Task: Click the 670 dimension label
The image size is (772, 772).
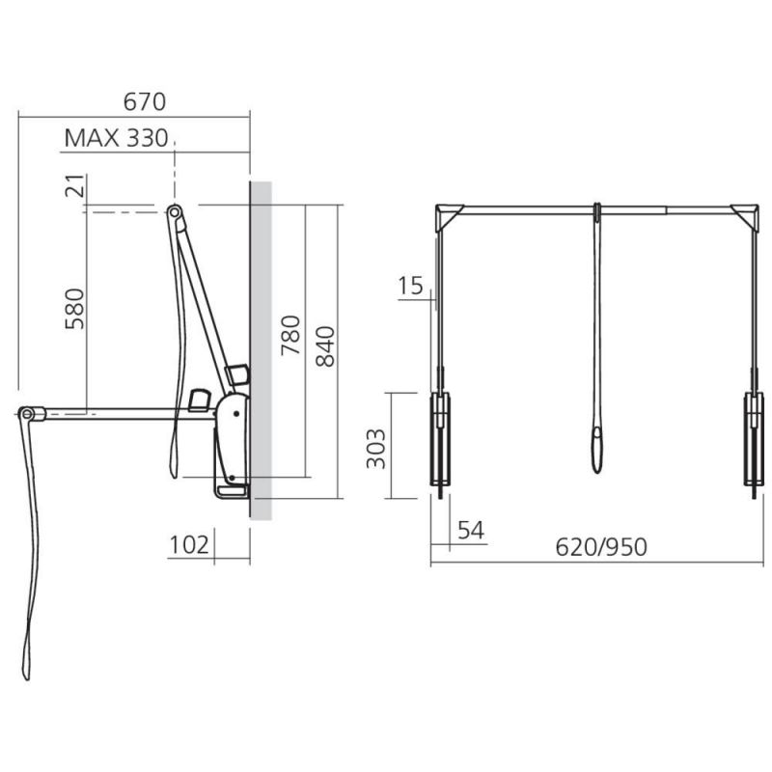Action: [x=144, y=102]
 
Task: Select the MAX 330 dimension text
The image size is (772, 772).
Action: [x=116, y=138]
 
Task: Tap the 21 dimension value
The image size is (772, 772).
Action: [x=75, y=185]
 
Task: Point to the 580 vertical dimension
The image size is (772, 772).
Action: [x=75, y=309]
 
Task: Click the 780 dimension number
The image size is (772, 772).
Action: [x=290, y=335]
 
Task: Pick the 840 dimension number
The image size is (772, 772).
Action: [x=325, y=346]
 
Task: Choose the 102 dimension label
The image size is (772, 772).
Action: [x=189, y=545]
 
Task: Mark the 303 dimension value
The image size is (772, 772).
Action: [x=376, y=449]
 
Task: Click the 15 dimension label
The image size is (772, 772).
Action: [x=410, y=286]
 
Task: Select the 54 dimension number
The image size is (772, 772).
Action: [x=471, y=530]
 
